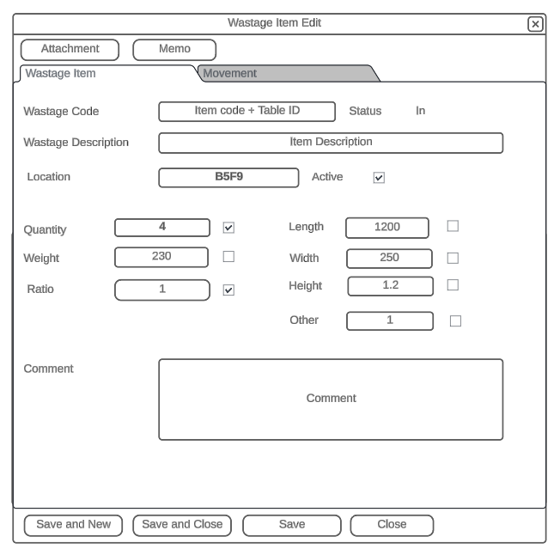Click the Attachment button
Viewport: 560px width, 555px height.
tap(70, 49)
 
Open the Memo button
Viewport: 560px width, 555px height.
tap(174, 49)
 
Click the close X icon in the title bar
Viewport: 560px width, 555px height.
tap(535, 24)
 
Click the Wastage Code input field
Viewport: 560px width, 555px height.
tap(247, 112)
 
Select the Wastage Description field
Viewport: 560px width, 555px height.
tap(331, 143)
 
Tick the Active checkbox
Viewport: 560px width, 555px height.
tap(379, 178)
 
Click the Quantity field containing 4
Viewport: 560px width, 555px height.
tap(161, 228)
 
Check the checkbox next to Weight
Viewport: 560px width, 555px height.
tap(228, 256)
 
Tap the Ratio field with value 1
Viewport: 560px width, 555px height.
tap(161, 290)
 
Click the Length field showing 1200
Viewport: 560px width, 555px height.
tap(387, 228)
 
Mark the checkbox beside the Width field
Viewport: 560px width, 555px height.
tap(453, 257)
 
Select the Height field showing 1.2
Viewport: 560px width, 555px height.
tap(390, 285)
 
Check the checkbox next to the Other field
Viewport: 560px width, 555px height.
tap(456, 320)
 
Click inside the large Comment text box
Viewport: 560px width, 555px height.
tap(331, 399)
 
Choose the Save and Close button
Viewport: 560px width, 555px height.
tap(182, 525)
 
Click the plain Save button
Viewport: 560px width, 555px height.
tap(292, 525)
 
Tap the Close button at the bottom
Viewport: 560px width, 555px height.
tap(392, 525)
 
